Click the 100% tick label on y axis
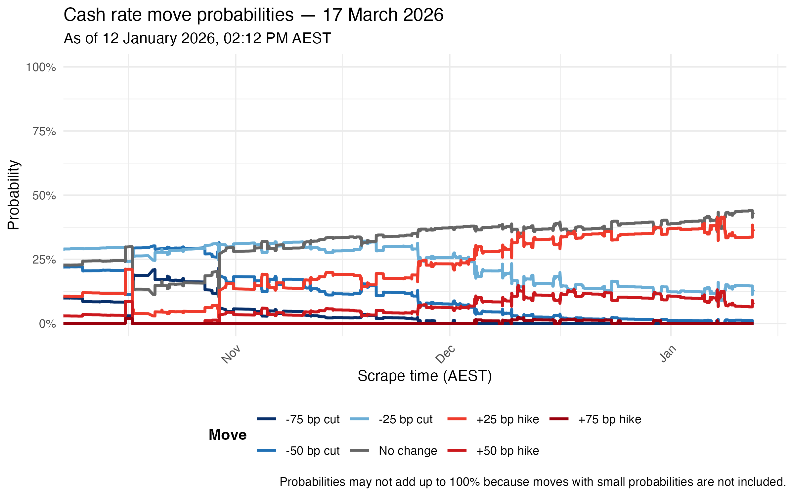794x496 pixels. [41, 67]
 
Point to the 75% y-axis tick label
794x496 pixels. [44, 132]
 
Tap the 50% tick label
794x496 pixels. [44, 196]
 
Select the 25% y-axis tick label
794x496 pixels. [44, 260]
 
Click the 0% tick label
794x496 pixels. [47, 324]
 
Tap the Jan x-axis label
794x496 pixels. [668, 354]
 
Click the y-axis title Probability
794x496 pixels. [14, 195]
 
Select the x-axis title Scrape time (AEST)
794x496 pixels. [424, 376]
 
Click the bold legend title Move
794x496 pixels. [228, 435]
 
